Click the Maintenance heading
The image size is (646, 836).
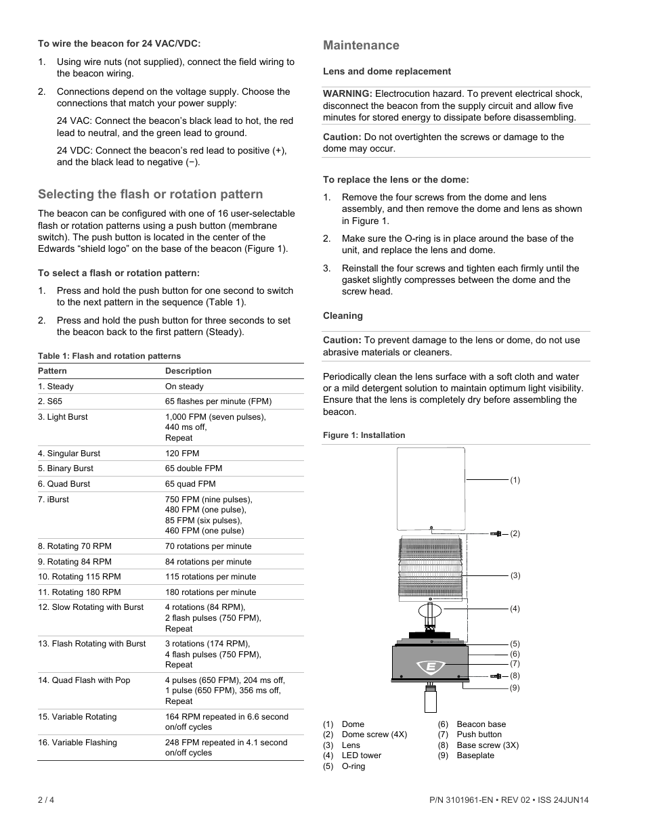[361, 45]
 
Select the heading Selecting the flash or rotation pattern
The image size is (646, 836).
[150, 194]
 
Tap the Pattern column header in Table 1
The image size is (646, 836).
[52, 371]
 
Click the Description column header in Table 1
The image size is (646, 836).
[188, 371]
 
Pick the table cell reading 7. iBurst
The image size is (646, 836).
[53, 500]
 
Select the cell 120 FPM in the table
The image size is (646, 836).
[182, 454]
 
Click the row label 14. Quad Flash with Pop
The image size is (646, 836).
[84, 680]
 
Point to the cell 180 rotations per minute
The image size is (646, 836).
[211, 592]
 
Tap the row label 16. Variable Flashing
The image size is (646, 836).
[77, 743]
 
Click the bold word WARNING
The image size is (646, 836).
[347, 93]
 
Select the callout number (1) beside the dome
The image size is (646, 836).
[515, 480]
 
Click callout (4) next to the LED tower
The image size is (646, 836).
[515, 609]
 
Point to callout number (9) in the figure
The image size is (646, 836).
[515, 688]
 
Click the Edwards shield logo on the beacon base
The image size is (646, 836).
[431, 667]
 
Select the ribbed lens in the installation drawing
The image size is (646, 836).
[431, 567]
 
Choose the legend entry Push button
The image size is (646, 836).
[479, 734]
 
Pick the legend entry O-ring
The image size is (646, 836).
[353, 766]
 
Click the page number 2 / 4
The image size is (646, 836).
[46, 799]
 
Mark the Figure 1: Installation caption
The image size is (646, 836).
[364, 435]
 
